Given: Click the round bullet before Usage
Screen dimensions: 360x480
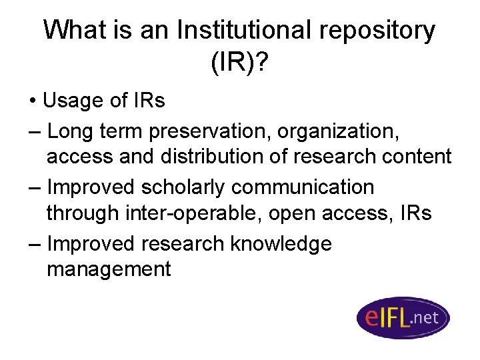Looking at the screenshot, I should (33, 102).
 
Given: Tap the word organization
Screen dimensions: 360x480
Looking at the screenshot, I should (335, 131).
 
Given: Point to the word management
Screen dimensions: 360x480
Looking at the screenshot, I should (109, 270).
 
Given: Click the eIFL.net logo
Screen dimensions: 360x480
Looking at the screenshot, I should (402, 317).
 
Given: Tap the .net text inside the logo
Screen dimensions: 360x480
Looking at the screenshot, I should (425, 317).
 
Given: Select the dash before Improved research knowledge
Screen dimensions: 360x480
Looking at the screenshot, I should (35, 245).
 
